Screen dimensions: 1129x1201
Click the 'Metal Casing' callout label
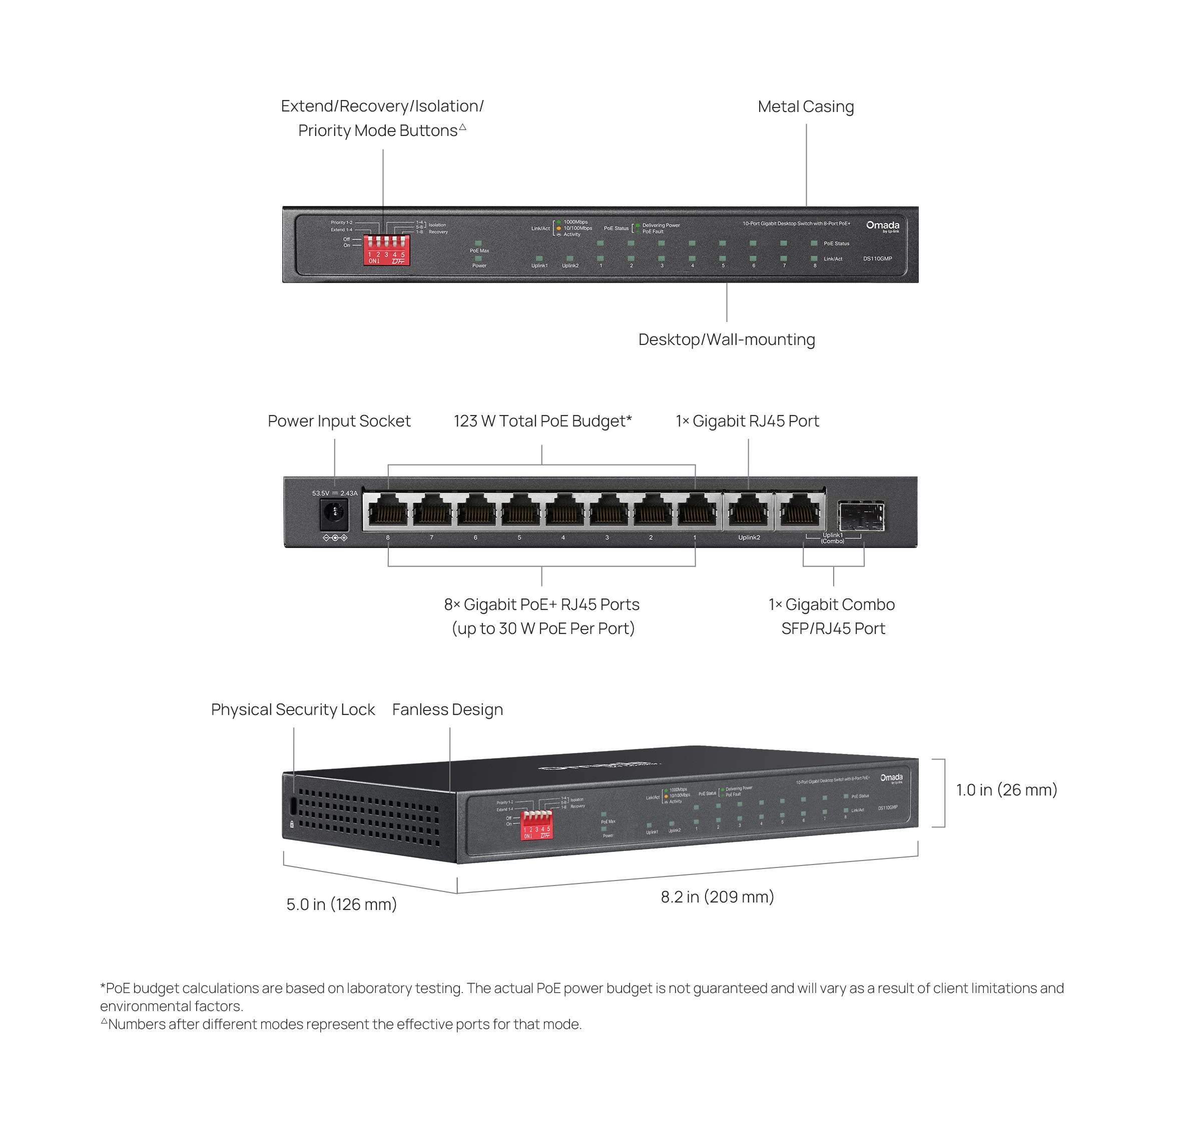click(x=805, y=107)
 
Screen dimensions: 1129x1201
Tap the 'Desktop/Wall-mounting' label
click(x=726, y=340)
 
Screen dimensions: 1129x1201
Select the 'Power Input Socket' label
click(x=338, y=421)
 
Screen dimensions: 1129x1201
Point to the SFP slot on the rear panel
click(x=861, y=516)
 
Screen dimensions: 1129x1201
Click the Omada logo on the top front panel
click(x=883, y=226)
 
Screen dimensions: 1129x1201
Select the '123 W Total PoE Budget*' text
click(x=542, y=421)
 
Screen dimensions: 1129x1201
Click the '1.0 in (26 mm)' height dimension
click(x=1006, y=790)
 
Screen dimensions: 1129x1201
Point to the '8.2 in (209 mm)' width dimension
click(x=717, y=897)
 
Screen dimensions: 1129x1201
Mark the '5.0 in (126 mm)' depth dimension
click(x=341, y=904)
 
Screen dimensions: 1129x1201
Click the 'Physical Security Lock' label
click(x=293, y=710)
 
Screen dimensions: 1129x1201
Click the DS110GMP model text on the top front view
click(x=877, y=259)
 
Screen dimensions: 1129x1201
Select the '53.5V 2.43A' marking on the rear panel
click(x=335, y=493)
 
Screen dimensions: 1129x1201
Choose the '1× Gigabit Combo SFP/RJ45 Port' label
click(x=832, y=616)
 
